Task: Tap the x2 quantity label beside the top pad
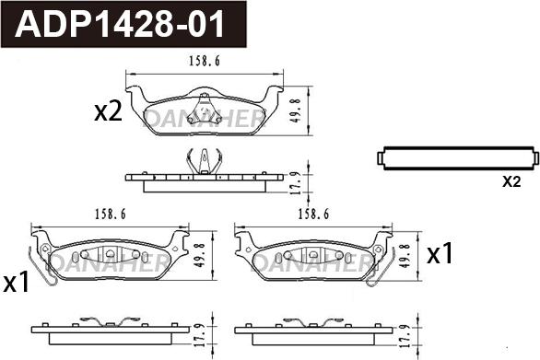click(109, 113)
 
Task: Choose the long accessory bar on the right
click(457, 158)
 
